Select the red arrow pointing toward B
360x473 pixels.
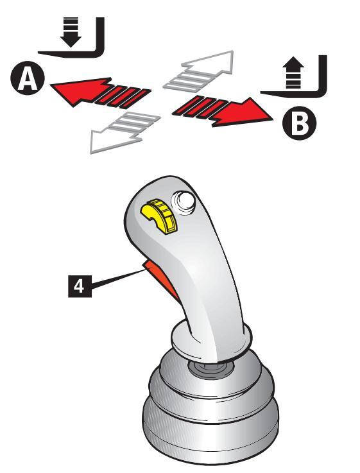click(221, 111)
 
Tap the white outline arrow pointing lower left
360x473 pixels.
click(124, 132)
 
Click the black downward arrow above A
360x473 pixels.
click(70, 32)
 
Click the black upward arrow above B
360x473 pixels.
click(294, 73)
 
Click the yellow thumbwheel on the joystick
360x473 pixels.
click(159, 216)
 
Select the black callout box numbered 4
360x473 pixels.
click(80, 286)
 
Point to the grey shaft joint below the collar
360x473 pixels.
click(210, 368)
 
